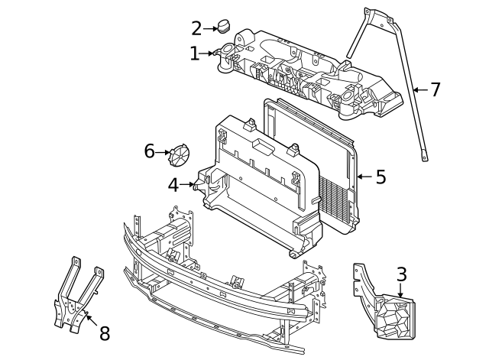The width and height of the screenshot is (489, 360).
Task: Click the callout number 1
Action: pos(195,54)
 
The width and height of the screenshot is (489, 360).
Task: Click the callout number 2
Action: pos(196,29)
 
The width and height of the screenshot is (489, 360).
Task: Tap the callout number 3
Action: pos(401,274)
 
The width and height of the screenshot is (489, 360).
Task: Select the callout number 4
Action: pos(174,184)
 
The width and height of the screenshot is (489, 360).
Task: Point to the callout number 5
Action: pos(381,177)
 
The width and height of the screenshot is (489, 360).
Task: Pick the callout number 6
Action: pos(150,151)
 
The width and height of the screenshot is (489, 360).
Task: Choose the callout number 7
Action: pos(436,90)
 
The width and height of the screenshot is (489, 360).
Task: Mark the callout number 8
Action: pos(105,333)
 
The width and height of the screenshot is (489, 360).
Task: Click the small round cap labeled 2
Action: pos(224,28)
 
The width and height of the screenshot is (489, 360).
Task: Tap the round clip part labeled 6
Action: pos(179,154)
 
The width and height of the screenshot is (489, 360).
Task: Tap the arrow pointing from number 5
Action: pos(364,177)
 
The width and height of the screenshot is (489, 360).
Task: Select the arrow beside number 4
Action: pos(189,184)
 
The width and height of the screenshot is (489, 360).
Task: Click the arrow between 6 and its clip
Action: pos(163,152)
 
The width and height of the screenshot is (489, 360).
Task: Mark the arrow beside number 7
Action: pos(419,90)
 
